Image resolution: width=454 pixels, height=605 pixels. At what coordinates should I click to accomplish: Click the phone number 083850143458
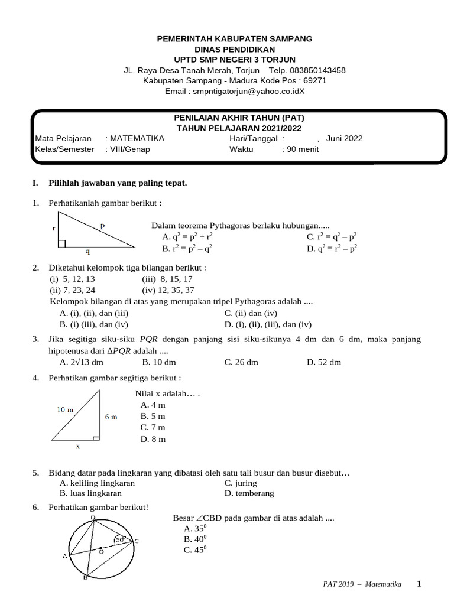point(316,70)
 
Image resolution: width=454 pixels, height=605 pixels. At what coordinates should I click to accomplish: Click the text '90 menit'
point(302,149)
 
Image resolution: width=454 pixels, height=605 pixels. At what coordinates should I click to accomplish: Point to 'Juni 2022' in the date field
point(344,138)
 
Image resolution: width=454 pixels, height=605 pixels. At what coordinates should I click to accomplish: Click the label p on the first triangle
point(102,225)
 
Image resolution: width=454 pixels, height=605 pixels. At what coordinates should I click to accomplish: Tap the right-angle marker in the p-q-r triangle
point(61,243)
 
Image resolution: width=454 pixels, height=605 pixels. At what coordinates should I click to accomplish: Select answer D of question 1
point(332,248)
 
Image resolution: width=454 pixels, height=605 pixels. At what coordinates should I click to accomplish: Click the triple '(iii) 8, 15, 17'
point(167,279)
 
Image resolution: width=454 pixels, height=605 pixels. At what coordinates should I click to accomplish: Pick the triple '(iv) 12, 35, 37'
point(168,290)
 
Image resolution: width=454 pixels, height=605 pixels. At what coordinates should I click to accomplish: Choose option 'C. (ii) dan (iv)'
point(251,314)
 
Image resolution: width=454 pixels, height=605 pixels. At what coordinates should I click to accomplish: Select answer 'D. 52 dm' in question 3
point(323,362)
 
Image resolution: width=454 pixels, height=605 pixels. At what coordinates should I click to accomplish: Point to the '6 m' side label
point(111,417)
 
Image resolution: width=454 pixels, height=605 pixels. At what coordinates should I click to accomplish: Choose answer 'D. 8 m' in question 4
point(153,439)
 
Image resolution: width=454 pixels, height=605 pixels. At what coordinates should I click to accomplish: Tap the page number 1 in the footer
point(419,584)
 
